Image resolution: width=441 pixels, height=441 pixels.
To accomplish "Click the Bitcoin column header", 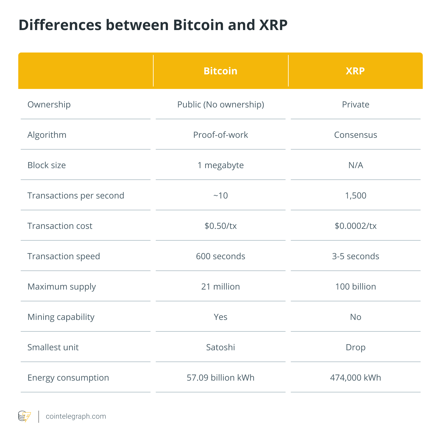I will tap(220, 71).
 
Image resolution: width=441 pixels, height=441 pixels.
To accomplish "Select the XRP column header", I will tap(355, 71).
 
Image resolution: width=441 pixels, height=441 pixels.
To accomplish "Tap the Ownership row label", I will tap(49, 104).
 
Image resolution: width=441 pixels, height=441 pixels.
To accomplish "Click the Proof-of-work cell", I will tap(220, 135).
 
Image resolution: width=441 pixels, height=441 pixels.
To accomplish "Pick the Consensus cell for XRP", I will tap(356, 135).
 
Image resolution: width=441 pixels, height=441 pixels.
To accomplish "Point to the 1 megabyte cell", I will tap(220, 165).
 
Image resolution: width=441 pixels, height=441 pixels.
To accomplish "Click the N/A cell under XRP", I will tap(356, 165).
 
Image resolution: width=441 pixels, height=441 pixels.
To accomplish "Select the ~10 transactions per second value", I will tap(220, 195).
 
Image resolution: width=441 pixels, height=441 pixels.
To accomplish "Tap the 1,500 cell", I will tap(356, 195).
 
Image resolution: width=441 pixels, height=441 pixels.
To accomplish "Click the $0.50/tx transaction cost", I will tap(220, 226).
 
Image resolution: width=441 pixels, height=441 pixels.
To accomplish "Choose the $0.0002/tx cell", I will tap(356, 226).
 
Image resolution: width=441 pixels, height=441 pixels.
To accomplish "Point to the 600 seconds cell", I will tap(220, 256).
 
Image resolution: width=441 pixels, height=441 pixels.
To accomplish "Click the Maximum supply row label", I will tap(61, 287).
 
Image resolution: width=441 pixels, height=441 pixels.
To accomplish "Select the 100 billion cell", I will tap(356, 287).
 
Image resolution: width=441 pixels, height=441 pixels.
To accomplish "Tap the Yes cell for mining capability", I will tap(220, 317).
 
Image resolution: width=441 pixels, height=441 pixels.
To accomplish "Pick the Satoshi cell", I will tap(220, 347).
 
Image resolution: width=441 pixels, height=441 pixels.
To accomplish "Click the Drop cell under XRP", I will tap(356, 347).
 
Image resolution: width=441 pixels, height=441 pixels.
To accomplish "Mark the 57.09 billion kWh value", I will tap(220, 378).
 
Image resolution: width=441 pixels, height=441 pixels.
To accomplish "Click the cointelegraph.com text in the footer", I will tap(76, 416).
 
